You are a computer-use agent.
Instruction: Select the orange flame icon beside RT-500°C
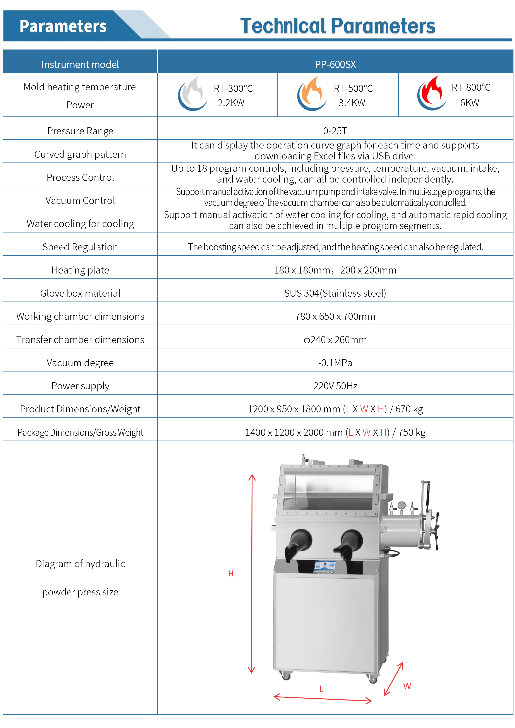pos(312,94)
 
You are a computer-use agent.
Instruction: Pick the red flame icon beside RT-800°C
pos(432,93)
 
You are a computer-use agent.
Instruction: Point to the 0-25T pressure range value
pos(335,131)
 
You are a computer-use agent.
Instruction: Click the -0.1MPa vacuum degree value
pos(335,363)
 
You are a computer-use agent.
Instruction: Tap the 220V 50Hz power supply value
pos(335,386)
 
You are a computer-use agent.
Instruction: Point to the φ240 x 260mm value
pos(335,340)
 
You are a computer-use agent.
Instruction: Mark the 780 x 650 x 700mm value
pos(335,316)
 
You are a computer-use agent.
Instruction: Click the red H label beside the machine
pos(231,574)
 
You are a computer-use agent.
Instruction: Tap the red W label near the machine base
pos(407,686)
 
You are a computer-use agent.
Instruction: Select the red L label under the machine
pos(321,689)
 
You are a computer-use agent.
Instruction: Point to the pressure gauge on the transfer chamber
pos(402,505)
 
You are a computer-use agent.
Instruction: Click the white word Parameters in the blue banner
pos(63,26)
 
